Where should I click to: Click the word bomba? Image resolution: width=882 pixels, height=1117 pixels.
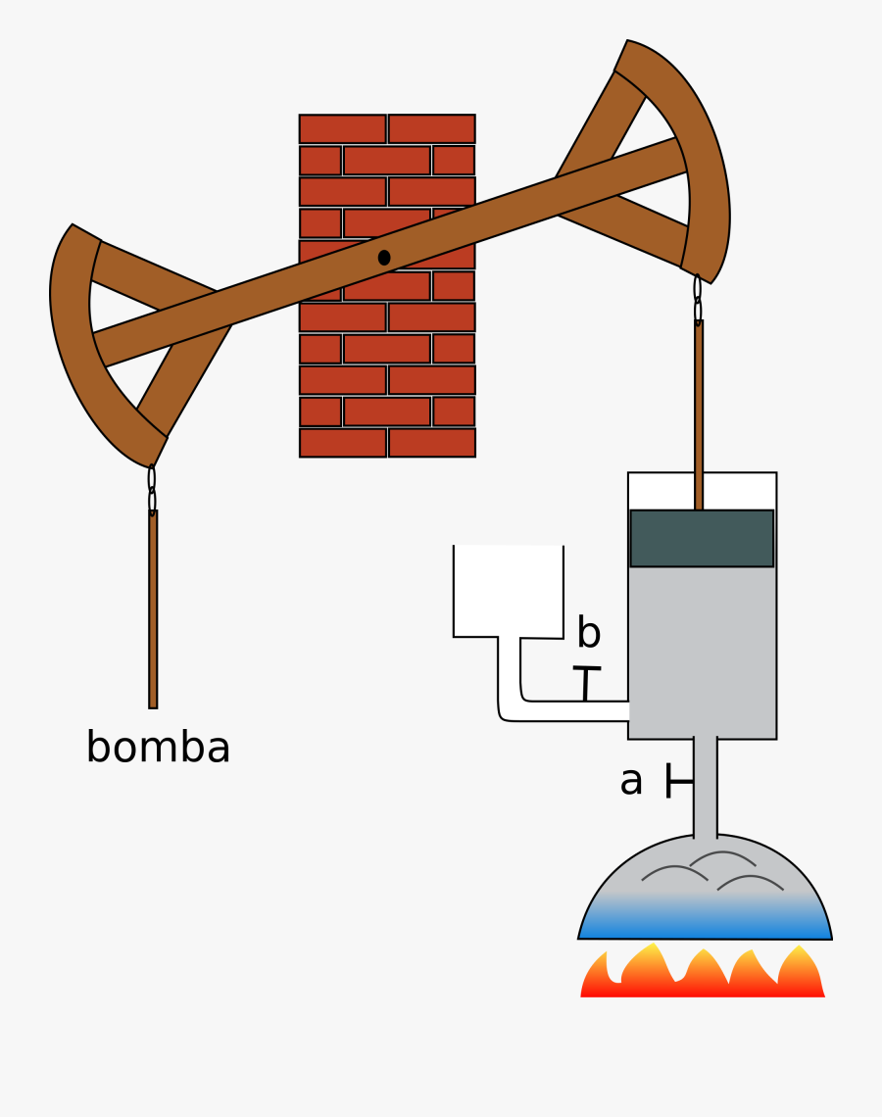tap(158, 748)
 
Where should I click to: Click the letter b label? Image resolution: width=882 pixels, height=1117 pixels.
tap(588, 633)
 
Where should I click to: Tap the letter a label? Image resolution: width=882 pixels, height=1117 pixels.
tap(631, 781)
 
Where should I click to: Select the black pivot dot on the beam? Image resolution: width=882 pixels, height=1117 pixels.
tap(384, 258)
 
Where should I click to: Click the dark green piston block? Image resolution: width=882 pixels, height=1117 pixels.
tap(702, 538)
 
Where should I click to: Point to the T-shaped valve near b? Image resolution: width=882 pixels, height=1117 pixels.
tap(586, 684)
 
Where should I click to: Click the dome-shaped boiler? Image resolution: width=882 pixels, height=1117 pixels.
tap(705, 882)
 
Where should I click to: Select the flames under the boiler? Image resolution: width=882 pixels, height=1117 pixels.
tap(702, 976)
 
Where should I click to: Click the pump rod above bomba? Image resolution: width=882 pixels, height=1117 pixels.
tap(153, 607)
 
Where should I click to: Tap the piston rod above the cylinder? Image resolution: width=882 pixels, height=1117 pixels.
tap(699, 412)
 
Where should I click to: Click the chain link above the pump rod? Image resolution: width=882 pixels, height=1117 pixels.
tap(152, 489)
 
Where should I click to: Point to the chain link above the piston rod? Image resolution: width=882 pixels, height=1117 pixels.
tap(698, 299)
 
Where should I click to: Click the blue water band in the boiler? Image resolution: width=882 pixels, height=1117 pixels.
tap(705, 927)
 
